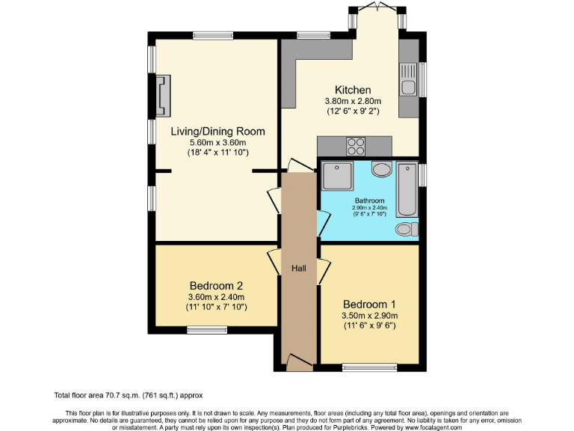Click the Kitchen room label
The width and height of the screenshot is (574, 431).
coord(353,90)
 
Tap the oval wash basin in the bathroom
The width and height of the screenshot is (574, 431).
coord(382,170)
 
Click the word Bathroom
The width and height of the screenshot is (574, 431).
coord(369,201)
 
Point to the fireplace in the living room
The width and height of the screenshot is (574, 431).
coord(163,97)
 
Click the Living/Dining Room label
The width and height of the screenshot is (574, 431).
coord(217,131)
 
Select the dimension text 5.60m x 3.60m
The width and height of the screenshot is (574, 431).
coord(217,142)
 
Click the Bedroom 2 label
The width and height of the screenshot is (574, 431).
coord(216,286)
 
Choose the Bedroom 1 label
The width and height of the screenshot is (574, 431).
coord(369,304)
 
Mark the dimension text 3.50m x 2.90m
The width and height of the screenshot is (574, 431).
coord(369,315)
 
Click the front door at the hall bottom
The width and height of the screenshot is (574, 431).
coord(299,364)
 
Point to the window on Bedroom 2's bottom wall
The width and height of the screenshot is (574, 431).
coord(207,329)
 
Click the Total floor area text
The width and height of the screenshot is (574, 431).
coord(128,395)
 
